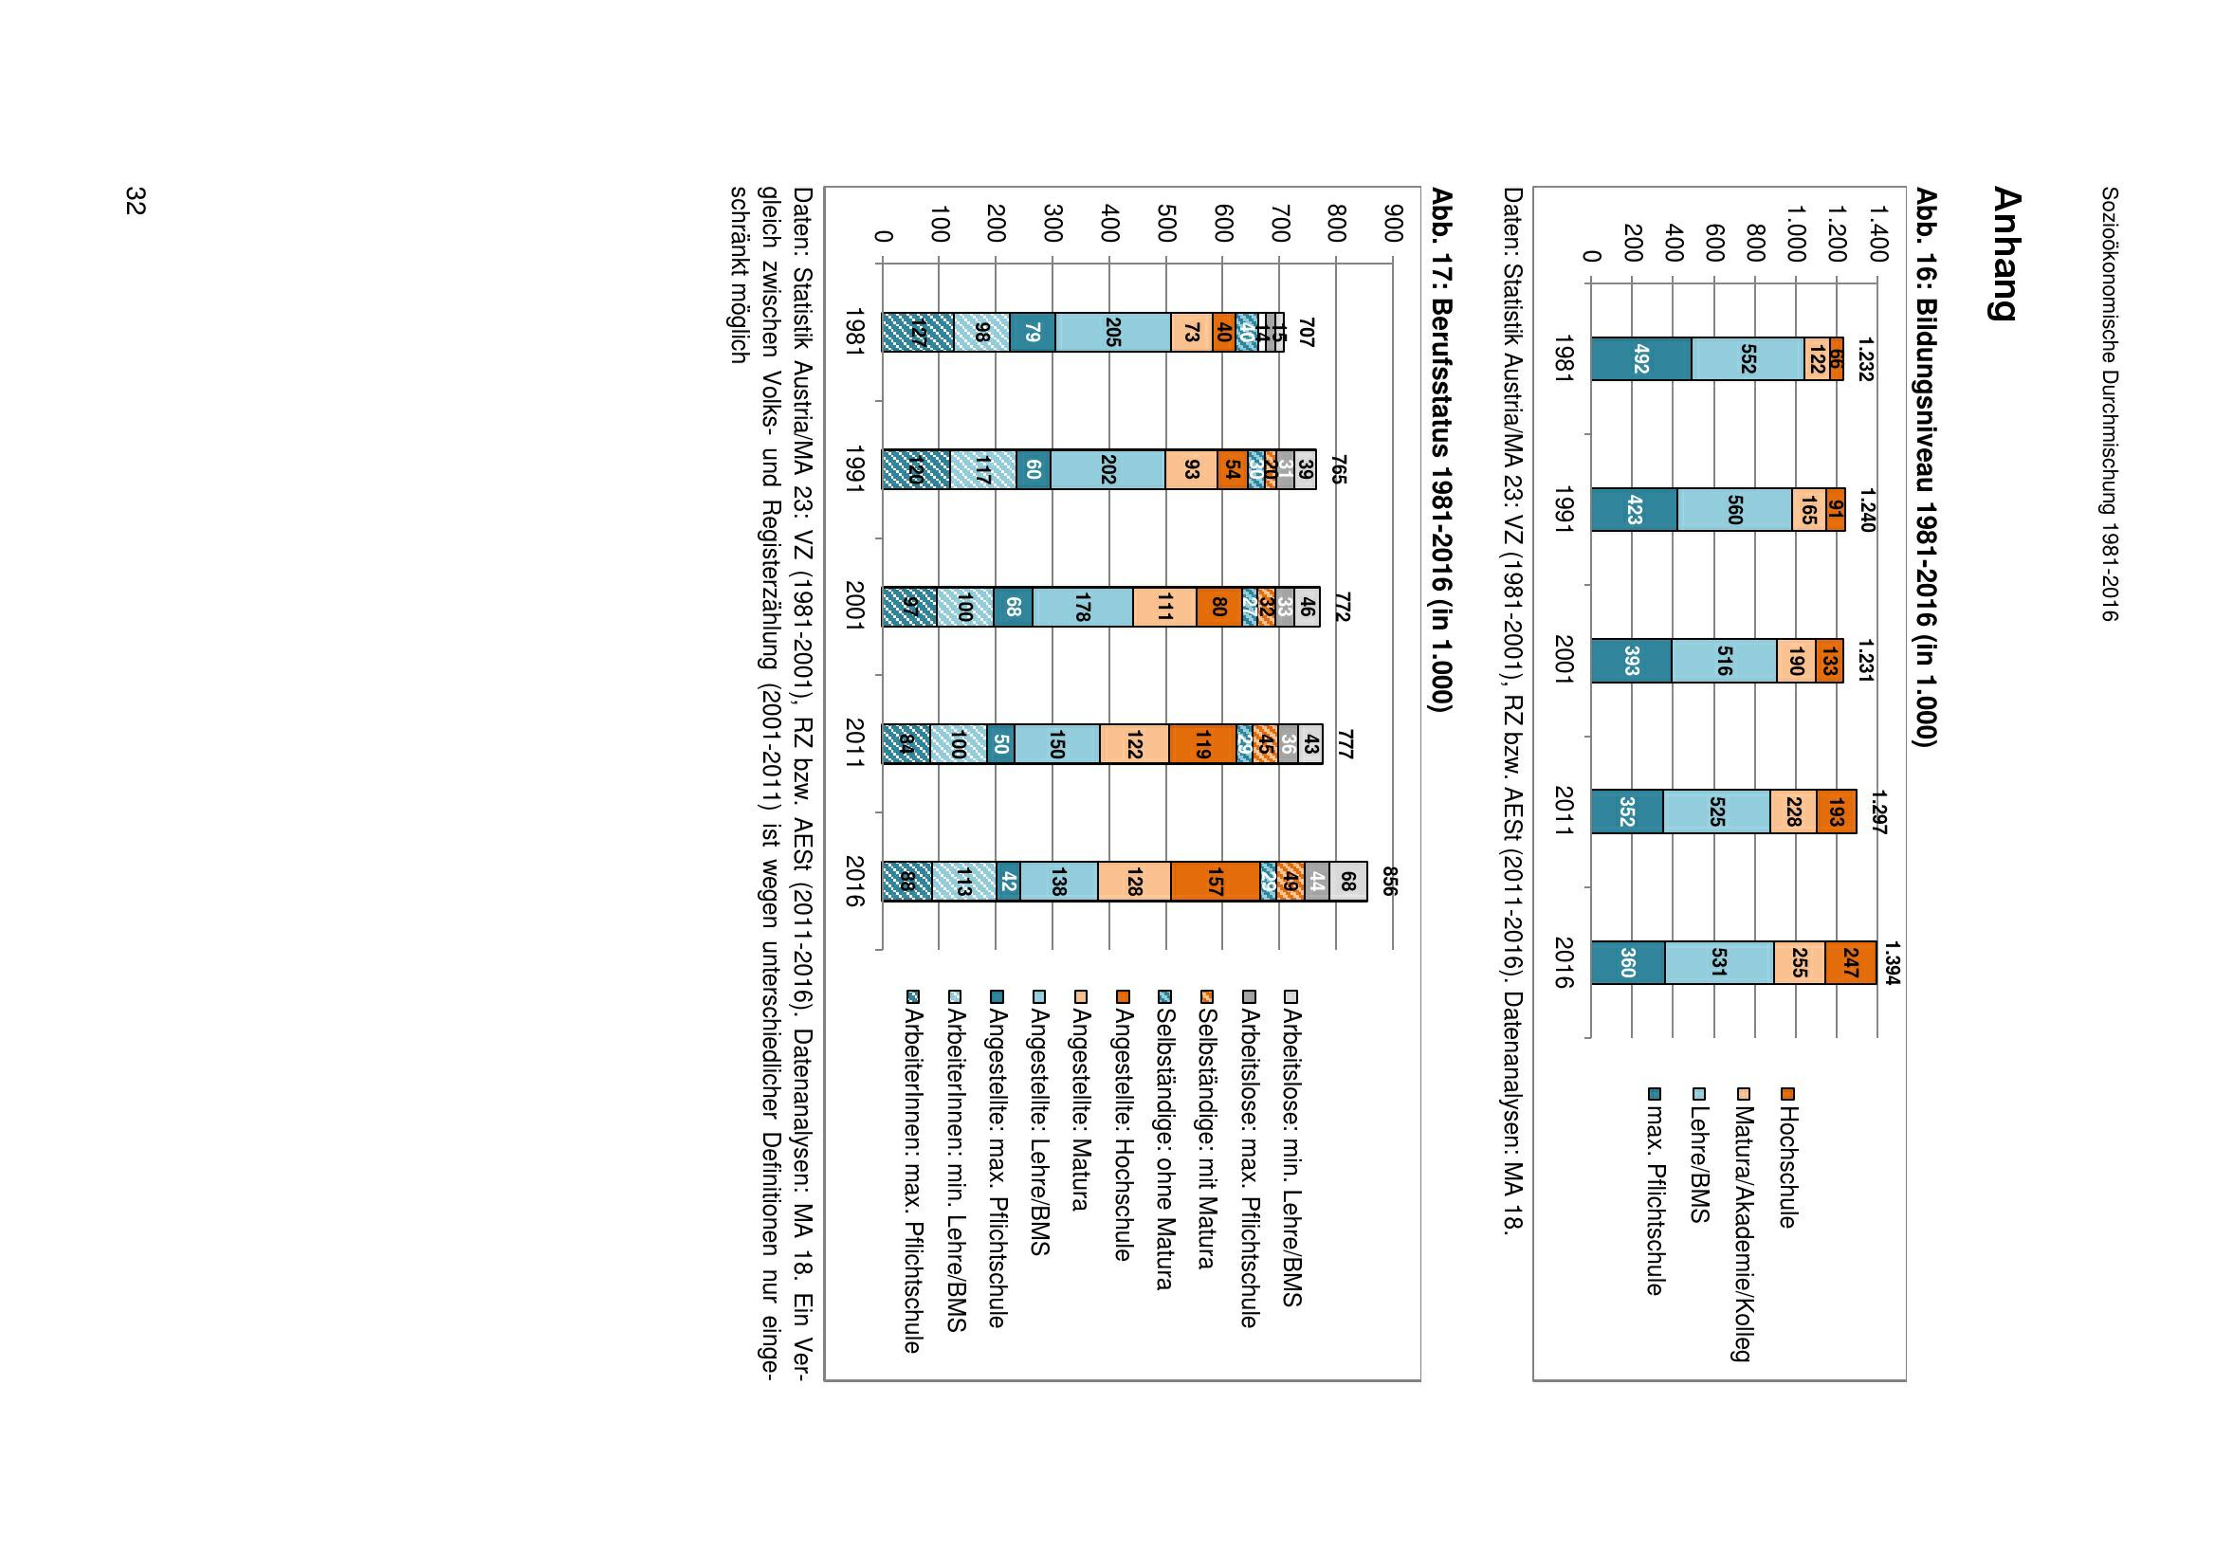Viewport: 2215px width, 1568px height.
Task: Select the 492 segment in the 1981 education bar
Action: [1640, 359]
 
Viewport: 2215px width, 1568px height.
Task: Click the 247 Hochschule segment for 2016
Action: [1850, 962]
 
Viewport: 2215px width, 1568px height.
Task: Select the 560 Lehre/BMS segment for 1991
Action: [1733, 510]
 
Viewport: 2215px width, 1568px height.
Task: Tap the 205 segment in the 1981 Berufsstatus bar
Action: [1112, 332]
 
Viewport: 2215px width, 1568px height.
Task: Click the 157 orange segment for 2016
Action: [1216, 882]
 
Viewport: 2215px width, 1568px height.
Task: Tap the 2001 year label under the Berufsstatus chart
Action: [853, 607]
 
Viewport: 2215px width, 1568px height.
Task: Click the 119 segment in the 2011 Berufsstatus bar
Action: [1202, 744]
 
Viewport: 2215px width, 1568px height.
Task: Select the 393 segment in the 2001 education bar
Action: [1631, 661]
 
